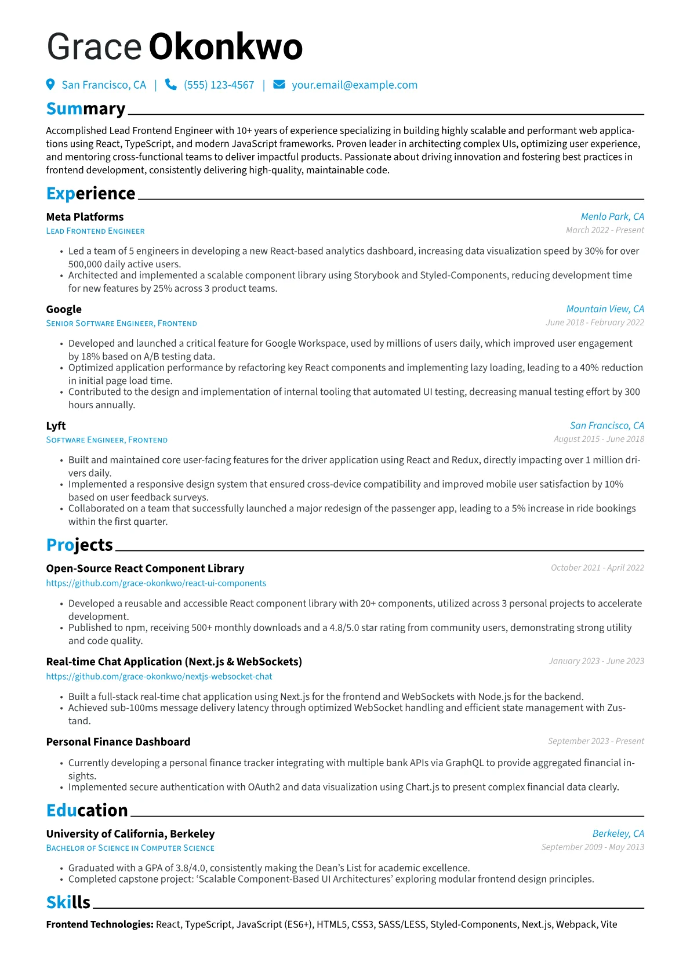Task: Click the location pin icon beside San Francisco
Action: [50, 85]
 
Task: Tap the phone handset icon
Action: [171, 85]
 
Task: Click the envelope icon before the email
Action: [279, 85]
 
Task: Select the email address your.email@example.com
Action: [354, 85]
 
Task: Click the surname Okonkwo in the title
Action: [226, 47]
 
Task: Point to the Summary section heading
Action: [86, 109]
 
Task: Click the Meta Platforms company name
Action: [85, 217]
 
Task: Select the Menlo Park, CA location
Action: [612, 216]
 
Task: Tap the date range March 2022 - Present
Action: [604, 230]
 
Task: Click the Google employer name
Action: [64, 310]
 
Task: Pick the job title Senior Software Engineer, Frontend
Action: [121, 324]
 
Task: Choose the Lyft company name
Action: [56, 426]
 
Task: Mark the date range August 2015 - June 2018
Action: [598, 439]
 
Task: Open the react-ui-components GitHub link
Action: [156, 583]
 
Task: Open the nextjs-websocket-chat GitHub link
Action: [159, 677]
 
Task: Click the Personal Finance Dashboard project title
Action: [118, 742]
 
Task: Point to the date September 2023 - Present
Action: [595, 741]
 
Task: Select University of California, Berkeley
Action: [130, 834]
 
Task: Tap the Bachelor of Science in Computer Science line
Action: [130, 848]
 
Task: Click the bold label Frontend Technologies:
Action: [100, 924]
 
